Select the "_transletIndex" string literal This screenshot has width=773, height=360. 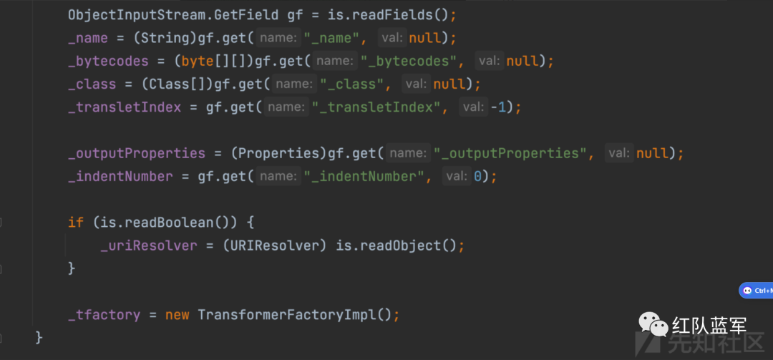click(376, 107)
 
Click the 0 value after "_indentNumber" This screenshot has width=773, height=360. click(478, 176)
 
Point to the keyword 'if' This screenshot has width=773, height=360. click(75, 223)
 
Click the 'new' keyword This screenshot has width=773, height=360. click(177, 314)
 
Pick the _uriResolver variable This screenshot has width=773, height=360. click(148, 245)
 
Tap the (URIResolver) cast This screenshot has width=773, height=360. click(276, 245)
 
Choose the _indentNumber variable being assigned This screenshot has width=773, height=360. click(120, 176)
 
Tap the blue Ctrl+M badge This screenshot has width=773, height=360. click(756, 291)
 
